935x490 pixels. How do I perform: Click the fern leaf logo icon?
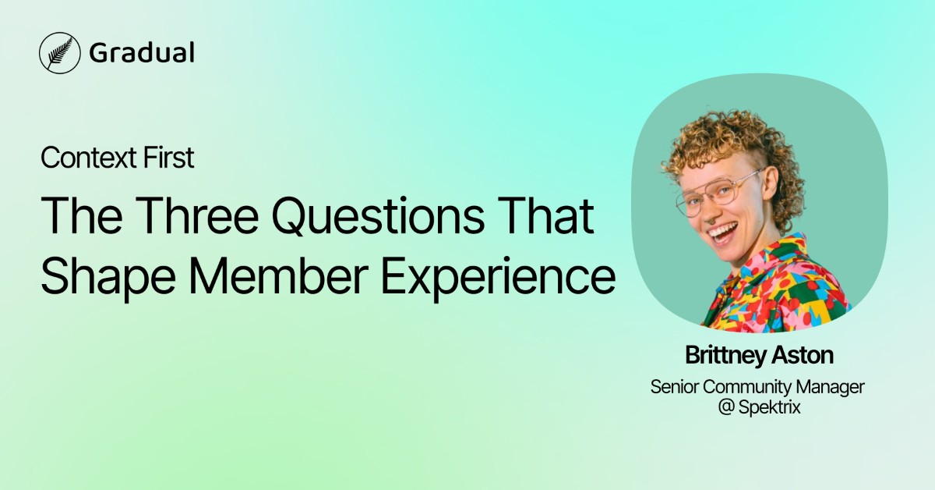coord(58,52)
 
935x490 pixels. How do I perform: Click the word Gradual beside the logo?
coord(141,52)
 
